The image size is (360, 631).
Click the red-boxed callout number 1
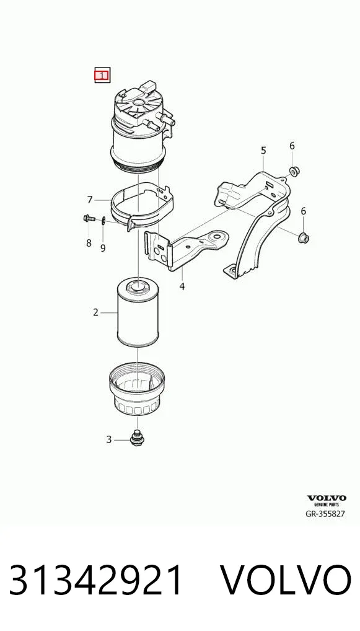click(x=102, y=75)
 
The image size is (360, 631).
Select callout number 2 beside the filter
click(x=96, y=312)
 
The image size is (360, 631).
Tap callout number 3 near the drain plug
click(x=108, y=440)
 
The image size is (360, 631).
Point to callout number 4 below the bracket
click(x=182, y=286)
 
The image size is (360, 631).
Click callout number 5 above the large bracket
click(x=263, y=151)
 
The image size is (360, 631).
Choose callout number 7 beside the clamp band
click(x=90, y=200)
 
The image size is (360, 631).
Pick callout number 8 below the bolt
click(x=89, y=243)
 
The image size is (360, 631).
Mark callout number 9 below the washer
click(x=103, y=249)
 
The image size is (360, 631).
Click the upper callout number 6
click(x=292, y=146)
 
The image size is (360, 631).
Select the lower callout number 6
click(x=303, y=211)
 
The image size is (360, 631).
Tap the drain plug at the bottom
click(x=137, y=439)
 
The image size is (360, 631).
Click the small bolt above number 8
click(x=89, y=219)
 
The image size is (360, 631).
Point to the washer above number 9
click(x=103, y=219)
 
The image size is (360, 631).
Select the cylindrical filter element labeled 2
click(x=137, y=312)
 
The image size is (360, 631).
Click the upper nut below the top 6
click(x=295, y=172)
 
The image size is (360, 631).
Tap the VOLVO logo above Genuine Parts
click(x=327, y=498)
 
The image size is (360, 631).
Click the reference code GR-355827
click(x=326, y=513)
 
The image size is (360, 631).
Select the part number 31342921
click(x=96, y=580)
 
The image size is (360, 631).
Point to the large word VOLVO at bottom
click(x=286, y=580)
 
